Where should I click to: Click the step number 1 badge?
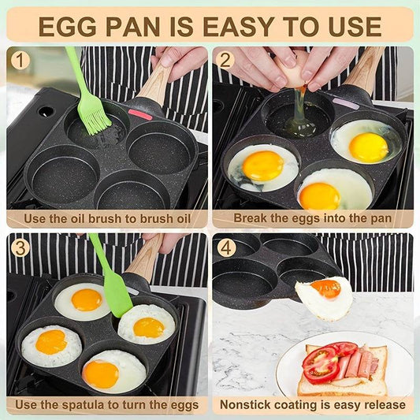pyautogui.click(x=21, y=60)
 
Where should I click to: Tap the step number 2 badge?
pyautogui.click(x=226, y=60)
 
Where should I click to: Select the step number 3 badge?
pyautogui.click(x=21, y=247)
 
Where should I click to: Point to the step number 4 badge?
pyautogui.click(x=226, y=247)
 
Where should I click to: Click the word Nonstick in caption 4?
pyautogui.click(x=247, y=405)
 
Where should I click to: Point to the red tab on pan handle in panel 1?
pyautogui.click(x=139, y=114)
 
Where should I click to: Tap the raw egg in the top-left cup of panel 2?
pyautogui.click(x=299, y=121)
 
